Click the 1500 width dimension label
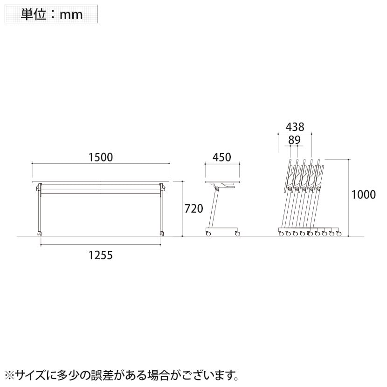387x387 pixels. coord(100,157)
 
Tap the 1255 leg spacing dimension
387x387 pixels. coord(100,255)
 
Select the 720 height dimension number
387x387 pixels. coord(194,209)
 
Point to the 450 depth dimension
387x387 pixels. coord(222,157)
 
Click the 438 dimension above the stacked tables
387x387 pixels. coord(295,127)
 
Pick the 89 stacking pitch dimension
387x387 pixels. coord(294,140)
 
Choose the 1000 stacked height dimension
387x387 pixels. coord(363,195)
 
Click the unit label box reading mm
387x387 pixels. coord(51,14)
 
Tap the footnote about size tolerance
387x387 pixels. coord(122,375)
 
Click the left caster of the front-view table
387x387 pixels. coord(39,233)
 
